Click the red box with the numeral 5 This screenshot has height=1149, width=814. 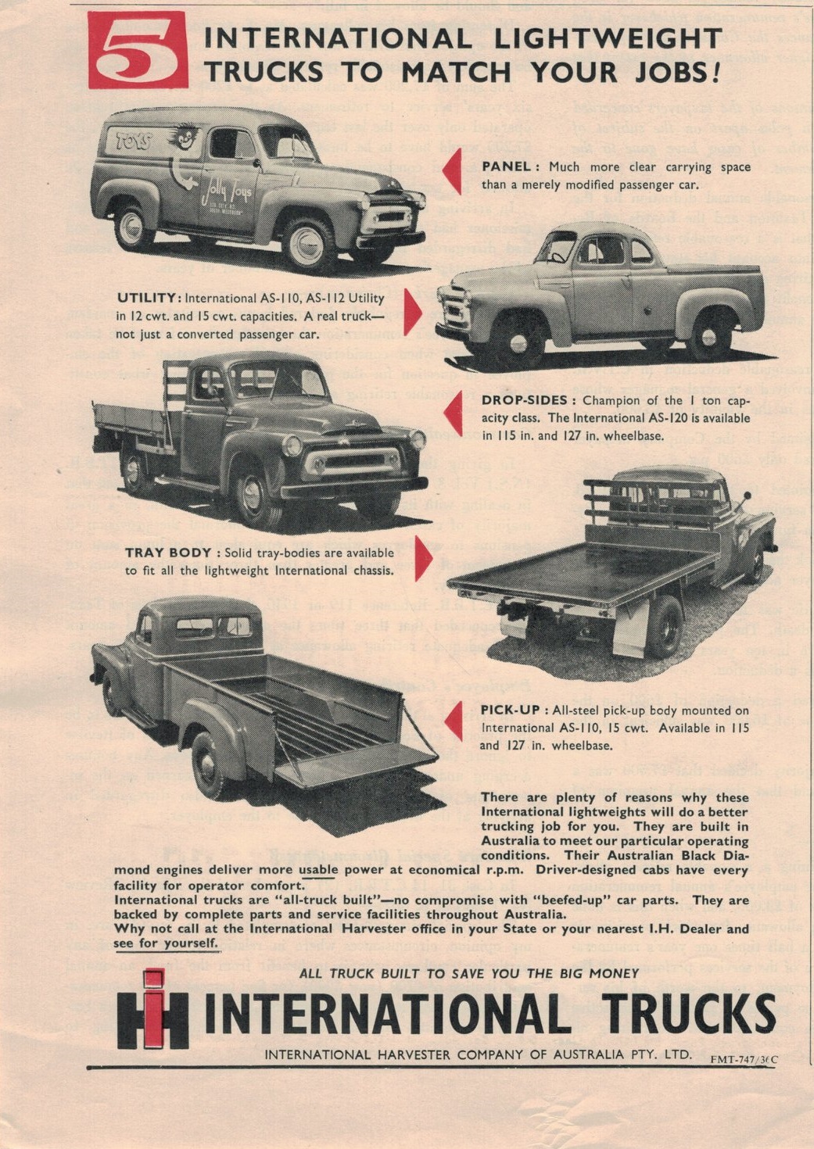[x=138, y=50]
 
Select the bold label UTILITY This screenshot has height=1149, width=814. [x=149, y=298]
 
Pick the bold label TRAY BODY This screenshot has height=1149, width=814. [x=168, y=553]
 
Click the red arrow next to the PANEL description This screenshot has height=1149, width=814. [x=452, y=172]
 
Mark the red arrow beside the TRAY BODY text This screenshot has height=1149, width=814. [x=422, y=558]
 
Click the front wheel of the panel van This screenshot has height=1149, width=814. [x=308, y=244]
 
